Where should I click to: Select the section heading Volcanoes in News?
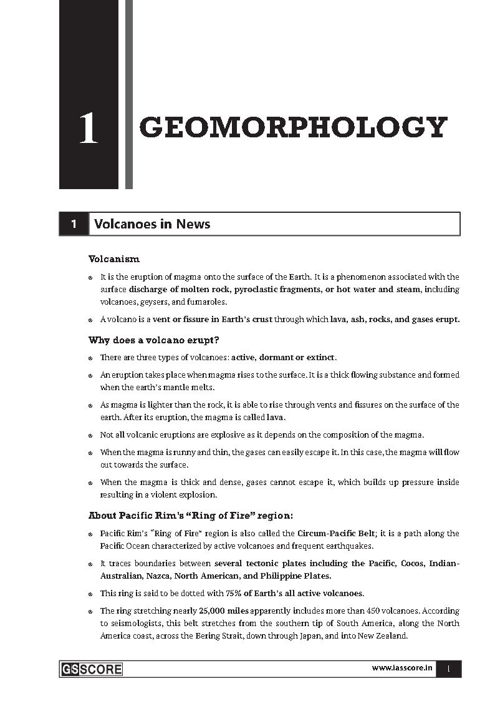pos(152,224)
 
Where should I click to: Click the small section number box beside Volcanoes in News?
pos(74,224)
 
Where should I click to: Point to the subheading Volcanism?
pos(114,258)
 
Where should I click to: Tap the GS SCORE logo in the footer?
pos(92,669)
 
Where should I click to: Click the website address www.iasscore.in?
pos(402,669)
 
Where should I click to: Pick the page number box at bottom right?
pos(448,669)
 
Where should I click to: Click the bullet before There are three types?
pos(91,358)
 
